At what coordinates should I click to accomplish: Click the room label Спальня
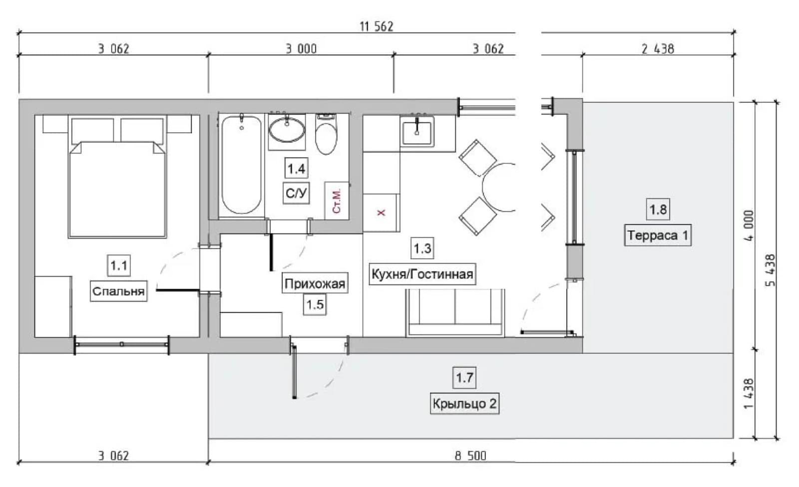(118, 291)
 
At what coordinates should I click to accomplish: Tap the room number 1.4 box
(296, 169)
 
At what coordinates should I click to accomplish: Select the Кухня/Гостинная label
(422, 274)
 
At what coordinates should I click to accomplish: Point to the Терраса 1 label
(658, 235)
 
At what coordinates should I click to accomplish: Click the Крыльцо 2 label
(464, 403)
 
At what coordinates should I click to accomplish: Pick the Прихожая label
(315, 283)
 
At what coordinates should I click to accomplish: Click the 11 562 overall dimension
(377, 27)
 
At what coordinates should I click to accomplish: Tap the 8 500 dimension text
(470, 456)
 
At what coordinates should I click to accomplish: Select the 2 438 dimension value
(658, 49)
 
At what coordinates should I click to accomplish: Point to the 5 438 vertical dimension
(770, 270)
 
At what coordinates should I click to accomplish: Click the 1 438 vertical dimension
(749, 393)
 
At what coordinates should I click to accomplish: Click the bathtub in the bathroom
(241, 165)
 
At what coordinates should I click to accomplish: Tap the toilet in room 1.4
(326, 134)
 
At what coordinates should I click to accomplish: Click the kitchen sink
(416, 132)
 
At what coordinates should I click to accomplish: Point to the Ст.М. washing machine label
(337, 201)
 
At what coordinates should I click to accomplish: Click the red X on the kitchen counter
(382, 213)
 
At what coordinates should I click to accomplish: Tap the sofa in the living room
(455, 313)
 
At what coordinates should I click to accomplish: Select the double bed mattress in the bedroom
(117, 189)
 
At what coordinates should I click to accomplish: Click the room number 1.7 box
(464, 378)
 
